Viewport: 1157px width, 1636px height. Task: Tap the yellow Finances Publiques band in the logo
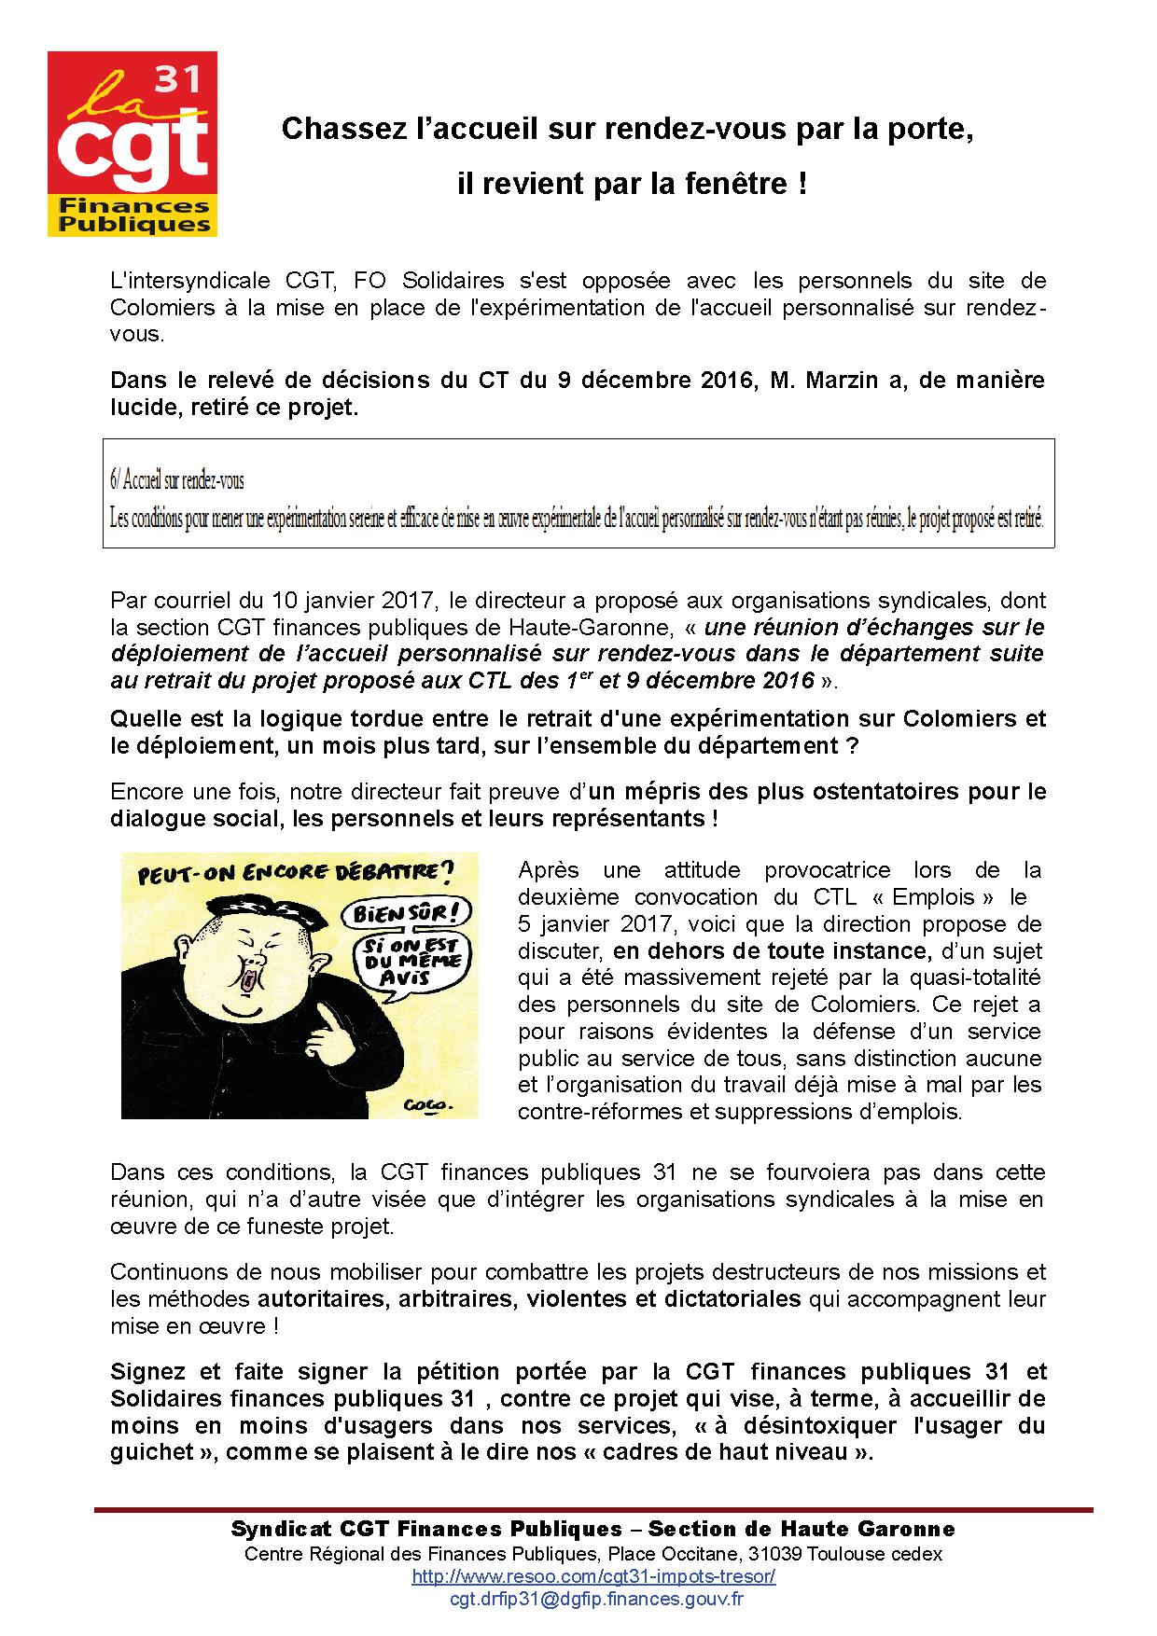tap(132, 215)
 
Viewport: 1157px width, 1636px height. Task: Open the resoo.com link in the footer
tap(593, 1576)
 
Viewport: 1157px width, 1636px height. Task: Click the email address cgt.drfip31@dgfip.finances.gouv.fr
tap(596, 1599)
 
